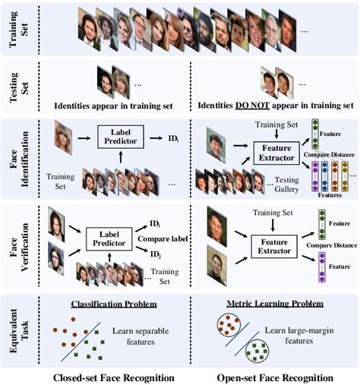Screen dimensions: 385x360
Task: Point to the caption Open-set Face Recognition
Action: [x=271, y=377]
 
